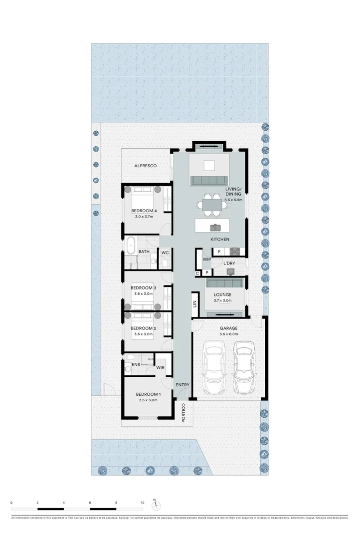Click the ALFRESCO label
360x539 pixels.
pos(146,165)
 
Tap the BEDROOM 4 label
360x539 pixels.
pos(144,211)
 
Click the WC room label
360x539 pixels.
pos(165,253)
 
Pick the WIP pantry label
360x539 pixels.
pos(207,260)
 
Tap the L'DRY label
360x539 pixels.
pos(229,263)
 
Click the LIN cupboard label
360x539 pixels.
pos(195,303)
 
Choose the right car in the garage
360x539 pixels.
pos(244,367)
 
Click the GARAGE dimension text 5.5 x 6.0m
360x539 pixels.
pos(229,334)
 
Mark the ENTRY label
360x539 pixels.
pos(182,384)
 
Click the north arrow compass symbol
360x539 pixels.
pos(156,503)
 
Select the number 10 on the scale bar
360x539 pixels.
pos(143,503)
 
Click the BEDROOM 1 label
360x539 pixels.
pos(148,394)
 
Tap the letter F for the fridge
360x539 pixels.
pos(219,252)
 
